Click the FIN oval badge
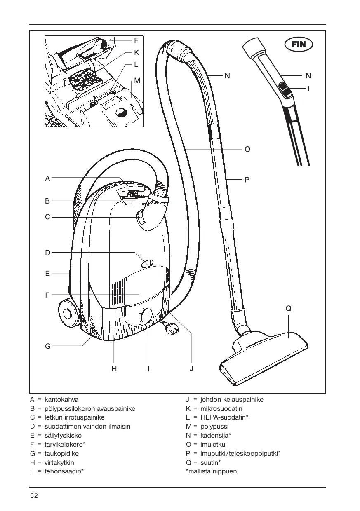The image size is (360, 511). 299,45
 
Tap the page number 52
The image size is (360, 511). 34,496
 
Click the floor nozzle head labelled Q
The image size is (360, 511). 264,359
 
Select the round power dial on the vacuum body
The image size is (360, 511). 147,316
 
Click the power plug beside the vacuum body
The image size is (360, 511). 171,329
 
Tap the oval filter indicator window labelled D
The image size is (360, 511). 147,264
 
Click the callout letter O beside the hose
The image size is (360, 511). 247,149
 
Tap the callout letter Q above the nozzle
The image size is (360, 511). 288,308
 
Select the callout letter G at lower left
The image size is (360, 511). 48,346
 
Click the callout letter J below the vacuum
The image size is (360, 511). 191,369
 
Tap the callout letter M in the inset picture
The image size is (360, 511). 137,80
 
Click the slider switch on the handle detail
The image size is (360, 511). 285,90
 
